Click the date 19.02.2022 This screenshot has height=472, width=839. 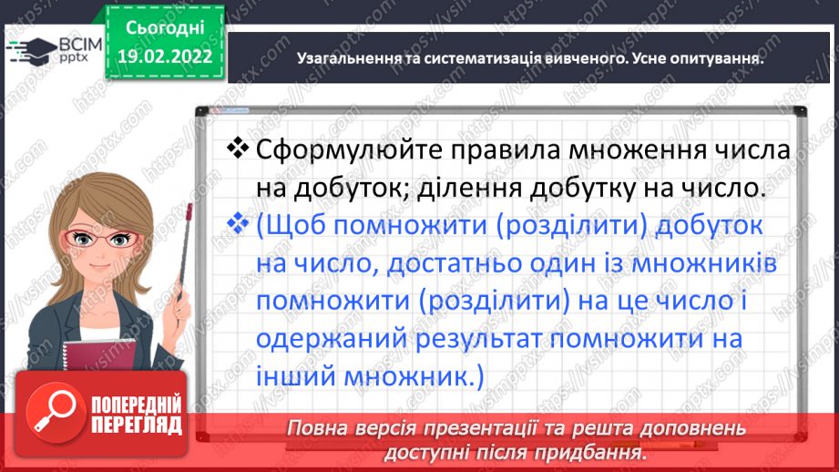(x=166, y=56)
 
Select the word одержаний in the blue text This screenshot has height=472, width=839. (x=333, y=339)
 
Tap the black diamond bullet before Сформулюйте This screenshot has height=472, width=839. (x=237, y=148)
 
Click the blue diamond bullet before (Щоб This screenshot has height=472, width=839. (x=237, y=224)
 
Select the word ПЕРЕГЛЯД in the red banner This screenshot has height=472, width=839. (x=137, y=425)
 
